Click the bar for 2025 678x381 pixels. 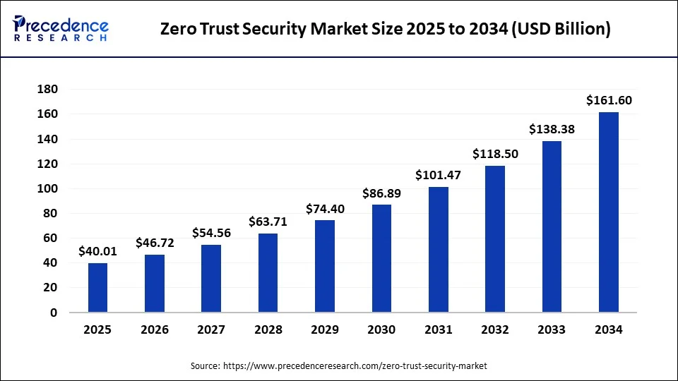click(98, 288)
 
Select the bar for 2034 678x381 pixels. click(609, 212)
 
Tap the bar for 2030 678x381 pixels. click(381, 258)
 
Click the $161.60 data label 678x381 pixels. click(609, 101)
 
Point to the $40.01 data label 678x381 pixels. click(98, 251)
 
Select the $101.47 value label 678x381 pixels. click(438, 175)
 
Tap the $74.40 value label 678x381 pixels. click(325, 209)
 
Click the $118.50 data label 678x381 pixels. click(495, 154)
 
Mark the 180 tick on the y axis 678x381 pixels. click(47, 90)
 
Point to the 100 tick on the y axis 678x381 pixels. click(47, 189)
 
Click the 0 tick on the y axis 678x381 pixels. click(53, 313)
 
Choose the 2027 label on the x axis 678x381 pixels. click(211, 329)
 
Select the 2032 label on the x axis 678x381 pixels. click(495, 329)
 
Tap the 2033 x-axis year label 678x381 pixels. click(552, 329)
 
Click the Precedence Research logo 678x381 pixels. click(61, 28)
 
